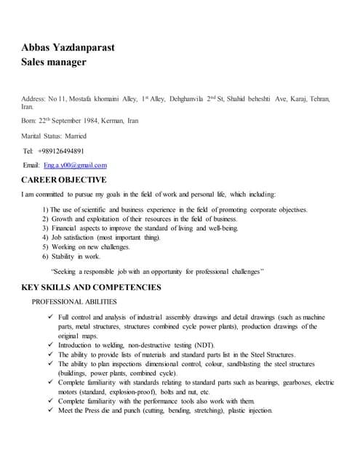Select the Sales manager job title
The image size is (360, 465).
54,62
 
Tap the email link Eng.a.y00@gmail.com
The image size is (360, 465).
75,165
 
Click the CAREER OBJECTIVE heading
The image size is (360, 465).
64,179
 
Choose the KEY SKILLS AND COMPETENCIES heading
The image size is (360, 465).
92,288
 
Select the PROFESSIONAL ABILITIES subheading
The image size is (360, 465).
74,302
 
